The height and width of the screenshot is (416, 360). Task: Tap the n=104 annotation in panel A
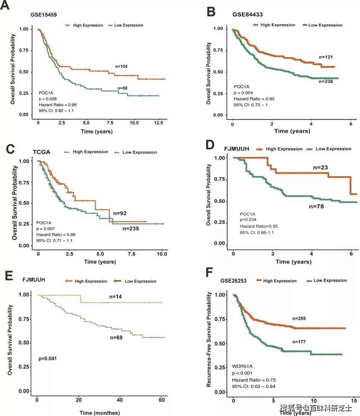(122, 66)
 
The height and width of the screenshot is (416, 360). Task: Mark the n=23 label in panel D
(320, 168)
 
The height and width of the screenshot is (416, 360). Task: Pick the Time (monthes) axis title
(99, 412)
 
